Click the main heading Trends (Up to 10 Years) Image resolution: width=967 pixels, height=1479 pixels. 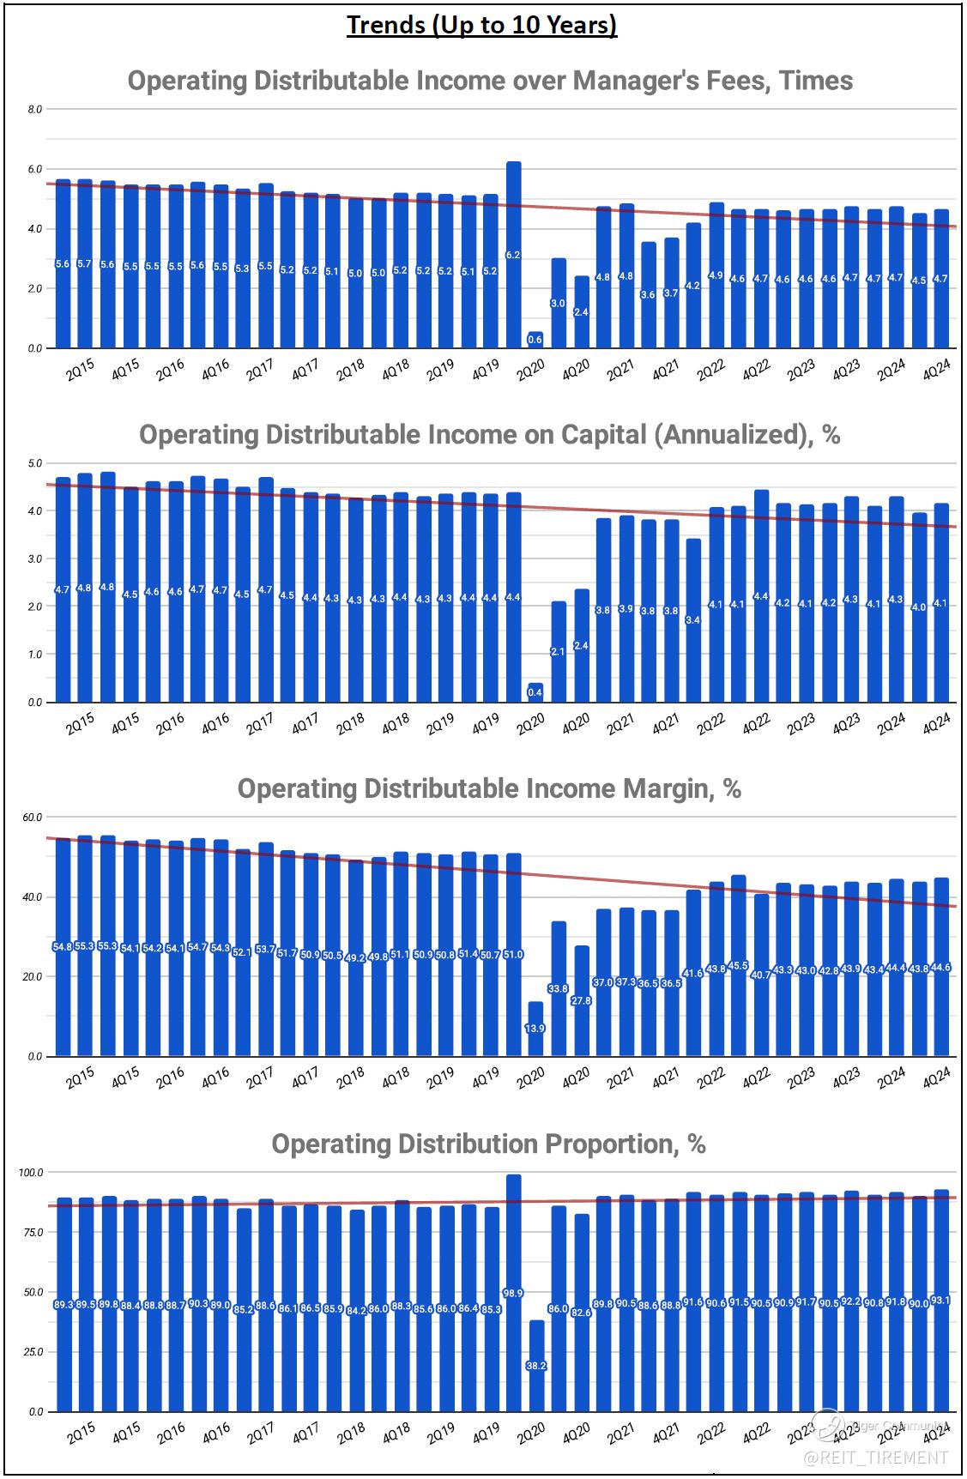tap(481, 25)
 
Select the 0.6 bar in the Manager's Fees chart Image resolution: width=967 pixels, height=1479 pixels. tap(535, 340)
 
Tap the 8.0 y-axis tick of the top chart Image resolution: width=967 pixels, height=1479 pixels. tap(35, 110)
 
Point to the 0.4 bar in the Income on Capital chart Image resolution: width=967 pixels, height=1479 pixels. tap(535, 692)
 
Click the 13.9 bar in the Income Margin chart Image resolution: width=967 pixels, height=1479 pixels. tap(535, 1028)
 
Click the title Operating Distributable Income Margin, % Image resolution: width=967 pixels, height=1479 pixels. tap(489, 788)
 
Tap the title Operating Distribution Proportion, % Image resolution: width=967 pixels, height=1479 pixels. tap(488, 1144)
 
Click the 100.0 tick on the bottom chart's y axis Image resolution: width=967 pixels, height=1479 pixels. tap(31, 1172)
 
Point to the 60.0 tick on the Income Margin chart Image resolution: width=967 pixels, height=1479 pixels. tap(33, 817)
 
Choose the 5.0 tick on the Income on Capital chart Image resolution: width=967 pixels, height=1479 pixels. tap(35, 463)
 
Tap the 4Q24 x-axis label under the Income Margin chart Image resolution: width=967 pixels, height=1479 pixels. tap(936, 1078)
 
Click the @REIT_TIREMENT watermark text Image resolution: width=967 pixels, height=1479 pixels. tap(876, 1458)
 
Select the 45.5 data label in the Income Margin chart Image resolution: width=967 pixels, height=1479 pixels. tap(738, 966)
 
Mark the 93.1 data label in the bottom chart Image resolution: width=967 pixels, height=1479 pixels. tap(940, 1301)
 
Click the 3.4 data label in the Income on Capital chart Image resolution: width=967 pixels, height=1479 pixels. tap(693, 619)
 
